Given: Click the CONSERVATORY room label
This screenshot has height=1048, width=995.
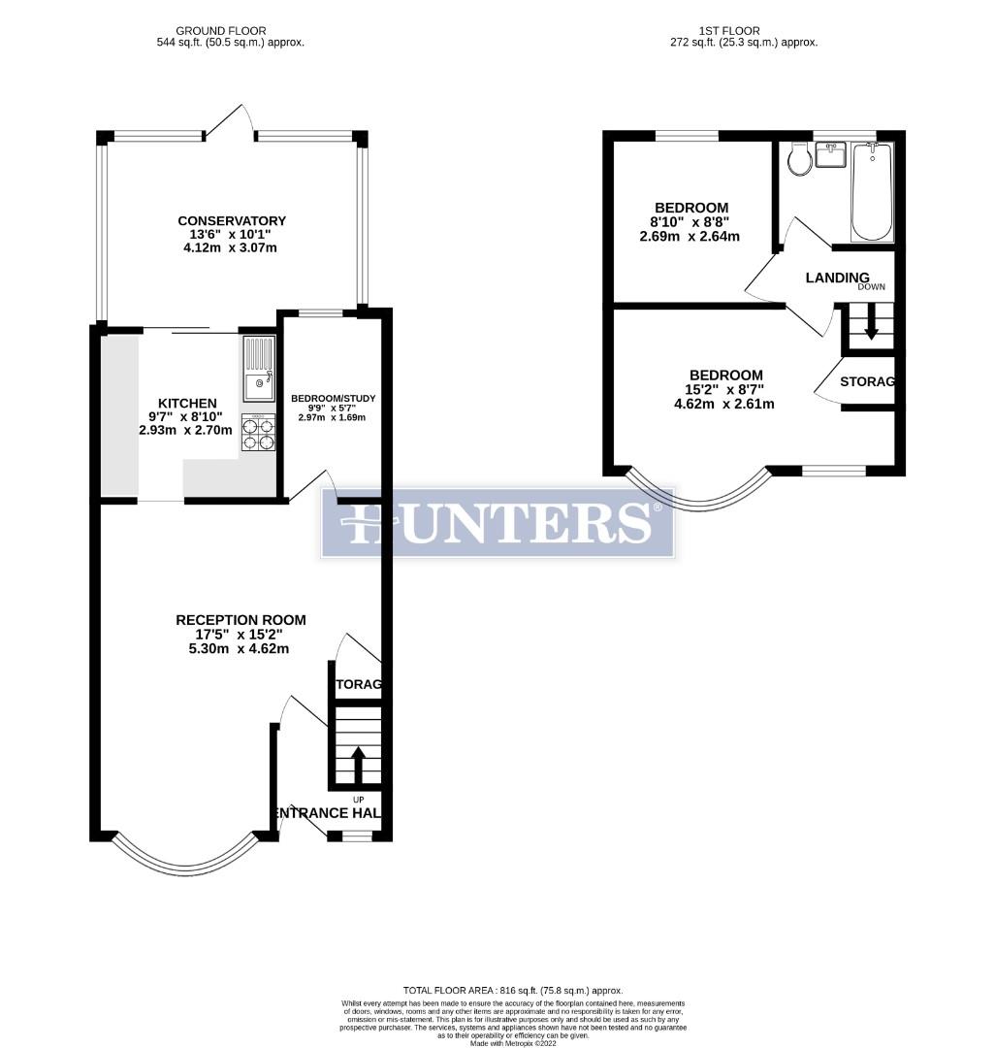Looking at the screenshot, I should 232,221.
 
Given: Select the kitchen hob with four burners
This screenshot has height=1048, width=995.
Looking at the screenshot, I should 258,433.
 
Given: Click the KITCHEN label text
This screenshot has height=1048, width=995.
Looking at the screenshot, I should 187,403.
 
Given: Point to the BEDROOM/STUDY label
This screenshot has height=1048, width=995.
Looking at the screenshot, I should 334,398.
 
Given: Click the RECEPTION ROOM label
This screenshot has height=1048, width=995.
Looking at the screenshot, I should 241,619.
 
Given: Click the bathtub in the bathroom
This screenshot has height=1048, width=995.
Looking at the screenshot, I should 871,192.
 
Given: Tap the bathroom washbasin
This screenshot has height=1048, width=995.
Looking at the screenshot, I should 831,155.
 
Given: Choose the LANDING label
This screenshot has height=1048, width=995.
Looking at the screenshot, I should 837,278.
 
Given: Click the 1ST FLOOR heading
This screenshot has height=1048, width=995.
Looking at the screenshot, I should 743,31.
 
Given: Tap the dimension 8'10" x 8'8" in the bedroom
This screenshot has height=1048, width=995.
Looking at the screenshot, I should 690,222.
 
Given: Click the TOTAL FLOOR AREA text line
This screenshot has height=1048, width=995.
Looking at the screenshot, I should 499,990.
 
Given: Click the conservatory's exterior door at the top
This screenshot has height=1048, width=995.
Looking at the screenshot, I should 229,121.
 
